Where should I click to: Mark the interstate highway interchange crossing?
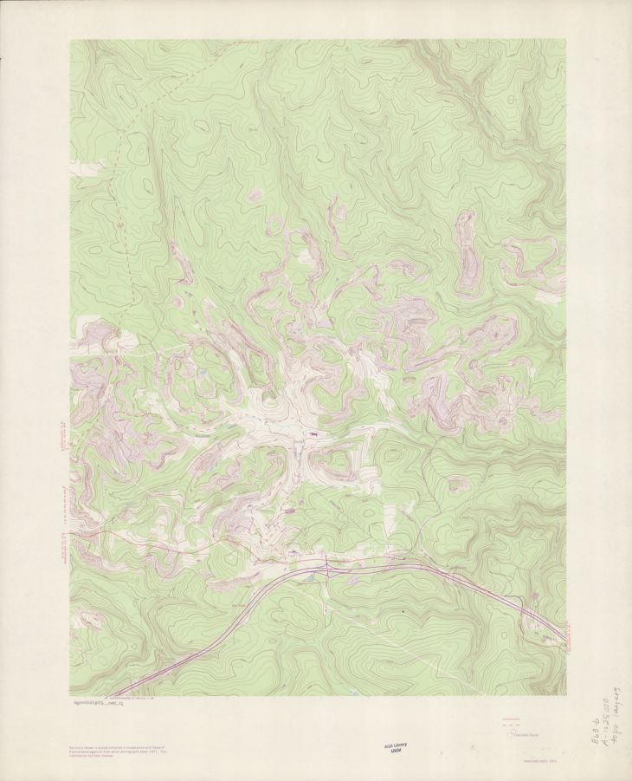(327, 567)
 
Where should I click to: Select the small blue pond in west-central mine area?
(201, 374)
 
